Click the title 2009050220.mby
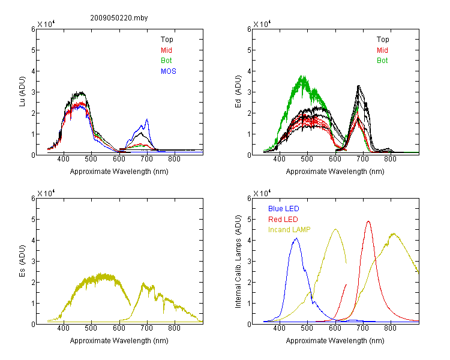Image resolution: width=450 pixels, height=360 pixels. [119, 18]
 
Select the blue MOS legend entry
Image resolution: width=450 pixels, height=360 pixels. [169, 71]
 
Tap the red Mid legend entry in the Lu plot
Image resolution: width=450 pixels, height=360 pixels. [166, 50]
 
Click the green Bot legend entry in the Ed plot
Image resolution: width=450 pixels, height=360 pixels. [382, 61]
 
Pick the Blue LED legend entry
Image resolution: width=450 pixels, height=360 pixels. [284, 209]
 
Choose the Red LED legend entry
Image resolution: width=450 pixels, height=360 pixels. [283, 220]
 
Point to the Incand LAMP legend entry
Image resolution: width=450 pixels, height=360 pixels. [289, 230]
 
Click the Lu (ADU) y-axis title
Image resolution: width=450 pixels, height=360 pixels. [22, 92]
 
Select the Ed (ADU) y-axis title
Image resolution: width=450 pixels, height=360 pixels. [238, 92]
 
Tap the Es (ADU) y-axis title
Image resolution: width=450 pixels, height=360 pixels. [22, 261]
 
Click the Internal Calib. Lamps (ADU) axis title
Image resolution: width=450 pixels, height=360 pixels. [238, 262]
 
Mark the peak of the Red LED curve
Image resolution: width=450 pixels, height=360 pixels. [368, 221]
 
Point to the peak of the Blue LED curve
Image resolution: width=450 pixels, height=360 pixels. [296, 238]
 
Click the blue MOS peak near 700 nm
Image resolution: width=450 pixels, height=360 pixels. [147, 119]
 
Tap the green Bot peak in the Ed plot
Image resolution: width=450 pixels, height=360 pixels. [302, 76]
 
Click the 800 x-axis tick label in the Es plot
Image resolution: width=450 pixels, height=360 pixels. [174, 328]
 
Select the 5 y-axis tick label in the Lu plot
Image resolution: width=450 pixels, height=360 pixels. [33, 50]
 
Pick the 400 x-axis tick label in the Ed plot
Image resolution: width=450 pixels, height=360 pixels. [280, 159]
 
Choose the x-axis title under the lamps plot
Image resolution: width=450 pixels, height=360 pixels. [335, 341]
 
